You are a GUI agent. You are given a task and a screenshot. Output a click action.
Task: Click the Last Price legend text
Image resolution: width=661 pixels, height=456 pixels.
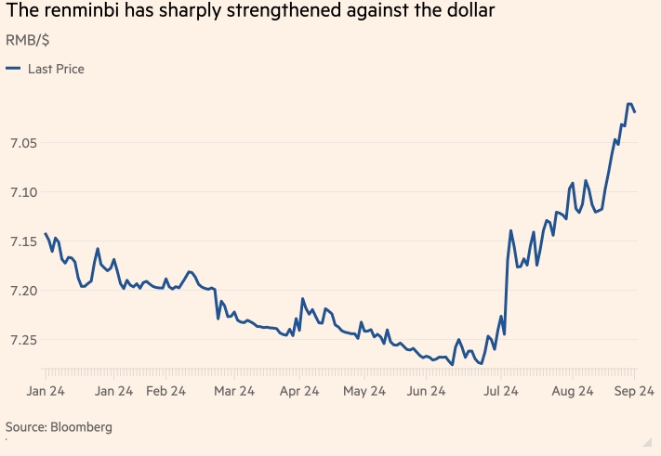click(56, 69)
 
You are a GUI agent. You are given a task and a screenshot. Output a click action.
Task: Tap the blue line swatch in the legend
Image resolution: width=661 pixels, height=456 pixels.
click(13, 69)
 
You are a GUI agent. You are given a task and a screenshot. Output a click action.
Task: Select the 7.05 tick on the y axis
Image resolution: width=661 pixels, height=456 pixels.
click(22, 143)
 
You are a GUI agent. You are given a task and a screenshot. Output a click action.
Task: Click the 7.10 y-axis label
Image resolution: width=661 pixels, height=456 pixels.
click(22, 192)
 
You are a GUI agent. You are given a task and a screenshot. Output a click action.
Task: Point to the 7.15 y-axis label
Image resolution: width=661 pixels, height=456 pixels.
click(22, 241)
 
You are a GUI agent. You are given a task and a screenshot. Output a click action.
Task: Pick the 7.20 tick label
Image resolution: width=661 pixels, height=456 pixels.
click(22, 291)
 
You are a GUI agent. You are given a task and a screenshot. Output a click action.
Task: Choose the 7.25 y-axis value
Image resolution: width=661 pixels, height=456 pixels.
click(22, 340)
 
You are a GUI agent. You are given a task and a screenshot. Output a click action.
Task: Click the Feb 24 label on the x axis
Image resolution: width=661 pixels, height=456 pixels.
click(169, 392)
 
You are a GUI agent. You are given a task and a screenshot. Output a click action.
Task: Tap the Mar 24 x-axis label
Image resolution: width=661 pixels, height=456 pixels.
click(233, 392)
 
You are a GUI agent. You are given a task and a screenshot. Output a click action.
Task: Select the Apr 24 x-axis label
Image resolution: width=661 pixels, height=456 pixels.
click(300, 392)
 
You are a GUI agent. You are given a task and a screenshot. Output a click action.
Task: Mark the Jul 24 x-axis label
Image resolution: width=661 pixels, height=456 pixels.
click(500, 392)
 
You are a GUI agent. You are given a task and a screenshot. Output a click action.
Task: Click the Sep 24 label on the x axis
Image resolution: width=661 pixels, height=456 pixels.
click(636, 392)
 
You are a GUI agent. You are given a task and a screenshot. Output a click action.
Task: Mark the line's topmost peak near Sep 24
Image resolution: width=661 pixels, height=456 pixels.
click(629, 104)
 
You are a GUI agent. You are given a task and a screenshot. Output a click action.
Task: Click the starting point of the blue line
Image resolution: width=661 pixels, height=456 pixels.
click(46, 233)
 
